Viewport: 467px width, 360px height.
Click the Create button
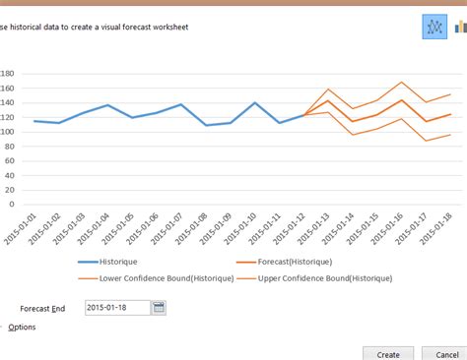387,353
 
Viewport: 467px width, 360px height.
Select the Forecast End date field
117,308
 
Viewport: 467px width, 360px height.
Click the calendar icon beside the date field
160,308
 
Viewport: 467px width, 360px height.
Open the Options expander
22,327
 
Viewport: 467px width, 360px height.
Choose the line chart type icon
434,27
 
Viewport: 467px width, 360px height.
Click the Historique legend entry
118,262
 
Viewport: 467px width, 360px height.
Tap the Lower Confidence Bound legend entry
167,278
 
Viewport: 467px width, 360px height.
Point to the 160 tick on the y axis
6,88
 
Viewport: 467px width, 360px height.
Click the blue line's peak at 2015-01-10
255,102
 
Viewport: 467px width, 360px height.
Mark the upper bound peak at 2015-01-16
401,83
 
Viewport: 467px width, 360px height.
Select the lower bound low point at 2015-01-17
426,141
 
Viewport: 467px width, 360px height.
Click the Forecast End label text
44,308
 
